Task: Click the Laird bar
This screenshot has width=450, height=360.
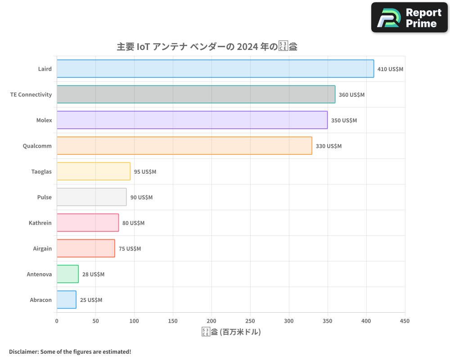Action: (215, 69)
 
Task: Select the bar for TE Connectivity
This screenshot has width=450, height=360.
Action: (196, 94)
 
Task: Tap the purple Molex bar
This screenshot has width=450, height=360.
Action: (192, 120)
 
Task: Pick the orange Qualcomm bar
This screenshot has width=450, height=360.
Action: (184, 146)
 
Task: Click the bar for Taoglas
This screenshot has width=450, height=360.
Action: (94, 171)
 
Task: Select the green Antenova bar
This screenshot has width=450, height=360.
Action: (67, 274)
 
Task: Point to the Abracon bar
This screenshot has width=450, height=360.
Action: (67, 300)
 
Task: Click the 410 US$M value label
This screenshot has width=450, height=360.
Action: (390, 69)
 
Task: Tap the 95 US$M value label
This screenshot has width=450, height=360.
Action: (145, 172)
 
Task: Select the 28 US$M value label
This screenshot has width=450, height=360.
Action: (93, 274)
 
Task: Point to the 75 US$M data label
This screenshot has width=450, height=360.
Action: (130, 249)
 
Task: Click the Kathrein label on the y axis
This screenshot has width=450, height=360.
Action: (40, 223)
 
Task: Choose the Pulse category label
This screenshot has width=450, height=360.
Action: (44, 198)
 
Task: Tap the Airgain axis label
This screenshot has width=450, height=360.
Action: (42, 249)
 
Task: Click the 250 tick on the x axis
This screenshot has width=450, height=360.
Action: (250, 321)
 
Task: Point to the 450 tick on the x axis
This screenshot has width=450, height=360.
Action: (405, 321)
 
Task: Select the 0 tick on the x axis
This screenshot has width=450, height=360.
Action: (57, 321)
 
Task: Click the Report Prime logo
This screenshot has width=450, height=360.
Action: (409, 18)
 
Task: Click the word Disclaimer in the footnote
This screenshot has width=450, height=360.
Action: (23, 351)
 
